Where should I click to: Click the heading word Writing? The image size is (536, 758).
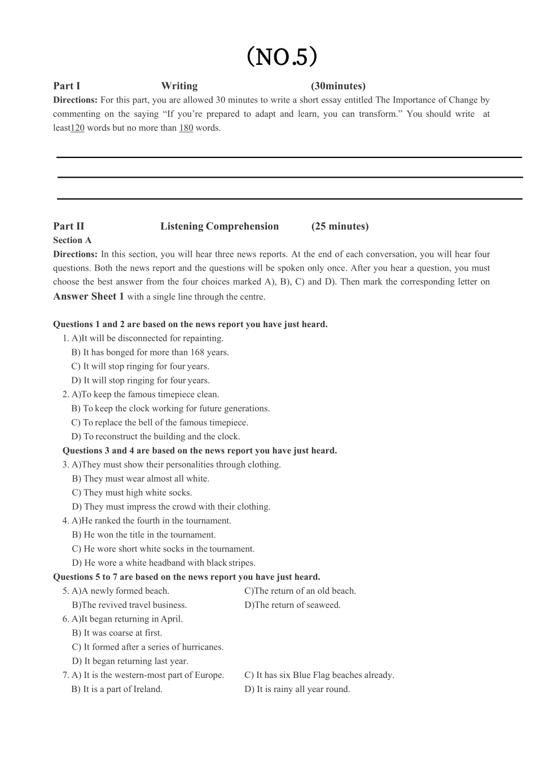tap(179, 86)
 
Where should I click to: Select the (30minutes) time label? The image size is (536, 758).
tap(338, 86)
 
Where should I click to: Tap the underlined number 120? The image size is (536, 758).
tap(77, 128)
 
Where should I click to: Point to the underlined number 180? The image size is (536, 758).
tap(186, 128)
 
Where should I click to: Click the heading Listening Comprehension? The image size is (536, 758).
tap(219, 226)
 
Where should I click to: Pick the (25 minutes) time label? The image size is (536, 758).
tap(340, 226)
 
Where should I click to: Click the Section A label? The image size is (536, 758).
tap(72, 240)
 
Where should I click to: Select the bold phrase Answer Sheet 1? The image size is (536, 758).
tap(89, 297)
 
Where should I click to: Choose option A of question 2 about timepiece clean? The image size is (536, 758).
tap(145, 395)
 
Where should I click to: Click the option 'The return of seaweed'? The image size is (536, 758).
tap(292, 605)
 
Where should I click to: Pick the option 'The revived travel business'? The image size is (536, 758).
tap(130, 605)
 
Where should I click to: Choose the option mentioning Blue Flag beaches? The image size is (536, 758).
tap(319, 675)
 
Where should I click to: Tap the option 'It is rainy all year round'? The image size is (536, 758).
tap(297, 689)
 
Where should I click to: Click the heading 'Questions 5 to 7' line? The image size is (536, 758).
tap(187, 577)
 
